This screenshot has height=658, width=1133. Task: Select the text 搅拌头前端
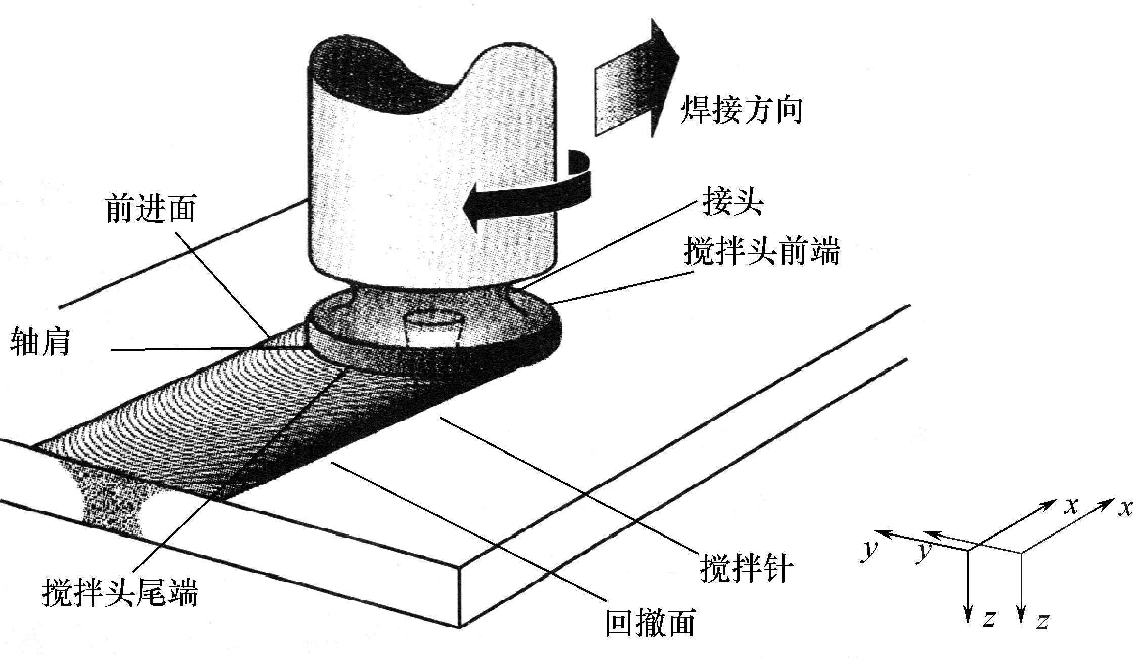[x=762, y=252]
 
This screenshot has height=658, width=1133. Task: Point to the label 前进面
[x=151, y=209]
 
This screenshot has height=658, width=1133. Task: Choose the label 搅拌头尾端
[x=120, y=592]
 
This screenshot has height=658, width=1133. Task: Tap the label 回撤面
[x=650, y=622]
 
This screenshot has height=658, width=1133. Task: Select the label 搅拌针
[x=746, y=568]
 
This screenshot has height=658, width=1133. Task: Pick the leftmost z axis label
[x=989, y=618]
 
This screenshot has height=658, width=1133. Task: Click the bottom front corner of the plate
[x=459, y=627]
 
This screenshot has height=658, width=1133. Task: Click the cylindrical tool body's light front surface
[x=430, y=192]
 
